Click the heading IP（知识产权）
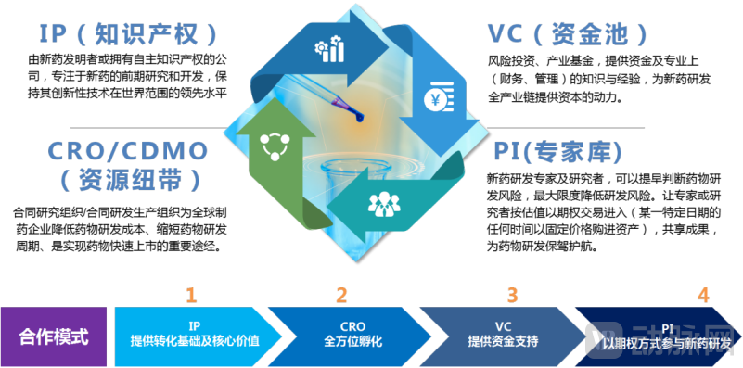click(x=130, y=34)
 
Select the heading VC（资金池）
click(x=574, y=34)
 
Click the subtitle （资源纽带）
click(x=118, y=177)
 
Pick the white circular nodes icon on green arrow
click(x=275, y=145)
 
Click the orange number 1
click(x=191, y=296)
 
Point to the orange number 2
click(x=341, y=296)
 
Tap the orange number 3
click(x=512, y=296)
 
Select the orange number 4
click(x=703, y=296)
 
